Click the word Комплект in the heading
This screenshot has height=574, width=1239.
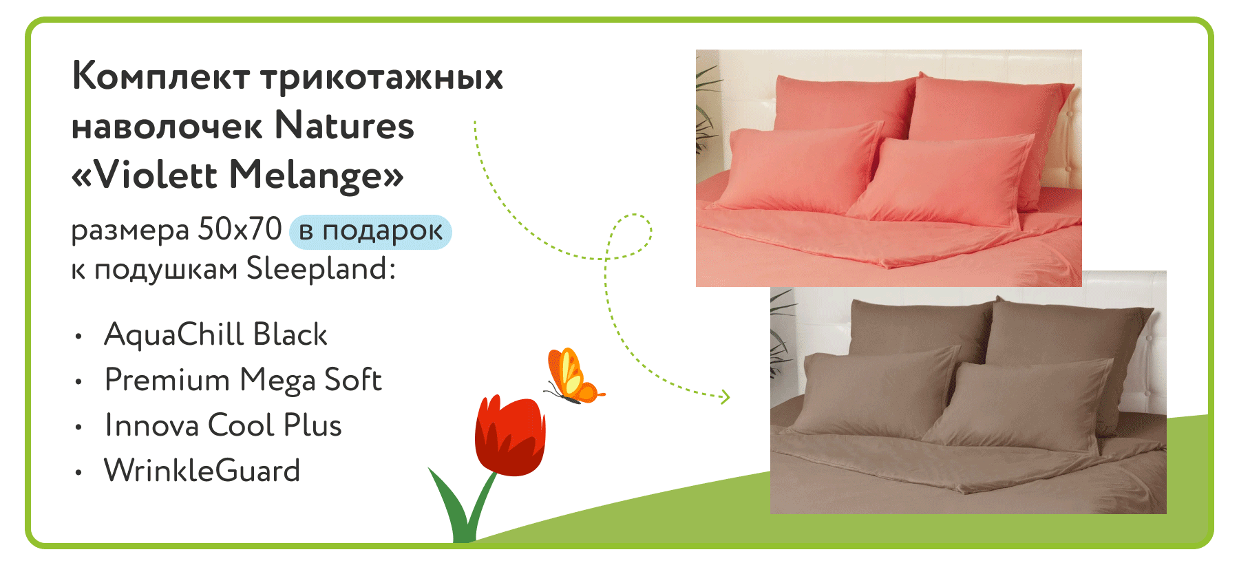tap(161, 76)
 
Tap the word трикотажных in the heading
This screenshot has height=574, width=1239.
tap(383, 77)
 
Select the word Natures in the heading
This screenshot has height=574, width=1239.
tap(344, 125)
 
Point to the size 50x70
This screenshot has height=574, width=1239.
tap(240, 228)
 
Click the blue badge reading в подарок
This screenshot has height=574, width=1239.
tap(370, 231)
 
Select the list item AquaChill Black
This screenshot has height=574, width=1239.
tap(215, 334)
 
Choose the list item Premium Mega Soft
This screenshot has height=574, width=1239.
tap(243, 380)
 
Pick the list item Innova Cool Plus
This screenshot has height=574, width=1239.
tap(223, 425)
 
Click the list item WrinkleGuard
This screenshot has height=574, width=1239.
tap(202, 471)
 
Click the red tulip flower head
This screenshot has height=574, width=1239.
tap(510, 436)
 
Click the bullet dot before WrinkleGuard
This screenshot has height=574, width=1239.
tap(78, 473)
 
